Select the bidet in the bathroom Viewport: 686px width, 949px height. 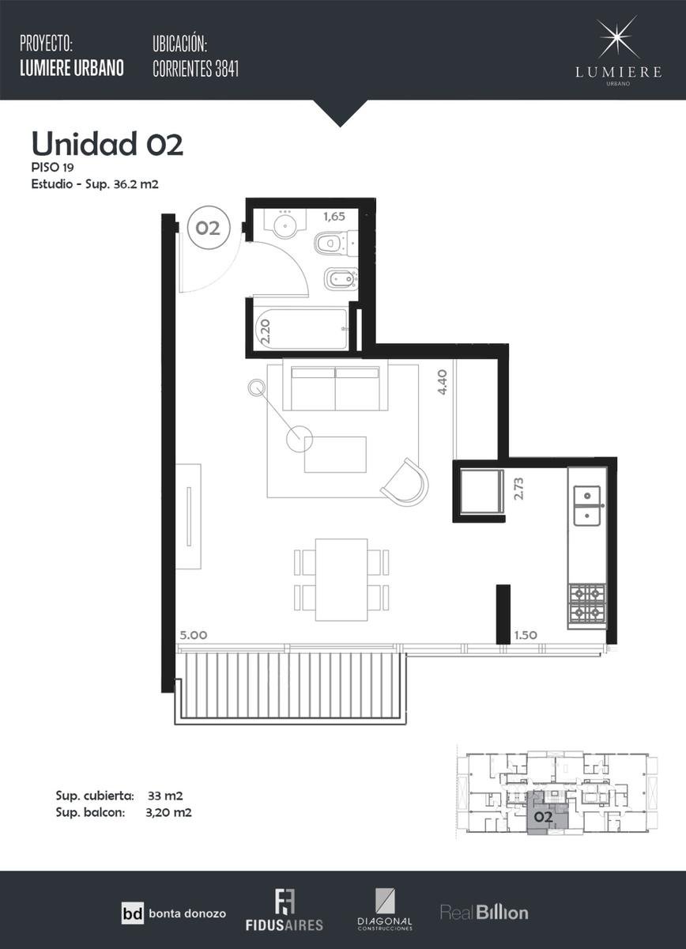click(341, 280)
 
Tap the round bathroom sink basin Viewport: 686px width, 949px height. click(284, 225)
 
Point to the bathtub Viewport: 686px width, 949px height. click(302, 329)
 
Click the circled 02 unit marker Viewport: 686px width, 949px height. click(208, 228)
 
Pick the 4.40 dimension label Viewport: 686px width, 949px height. click(442, 382)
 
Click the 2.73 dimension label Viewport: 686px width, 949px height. click(518, 489)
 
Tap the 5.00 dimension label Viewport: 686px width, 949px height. click(194, 635)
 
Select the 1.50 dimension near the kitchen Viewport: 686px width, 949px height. click(526, 635)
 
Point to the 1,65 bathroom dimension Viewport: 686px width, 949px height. click(334, 217)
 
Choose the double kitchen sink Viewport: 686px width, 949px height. click(587, 505)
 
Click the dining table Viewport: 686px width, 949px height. click(341, 580)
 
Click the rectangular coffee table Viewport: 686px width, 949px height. click(335, 455)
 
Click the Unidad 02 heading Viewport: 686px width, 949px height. click(107, 144)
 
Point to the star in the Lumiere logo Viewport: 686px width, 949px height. click(619, 37)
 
